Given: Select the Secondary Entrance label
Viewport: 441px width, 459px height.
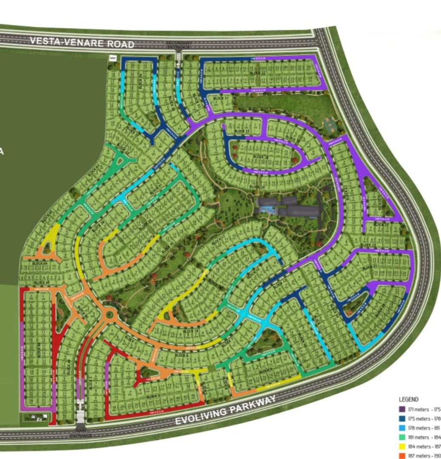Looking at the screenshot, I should [179, 45].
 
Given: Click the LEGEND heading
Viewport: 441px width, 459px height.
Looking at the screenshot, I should [408, 399].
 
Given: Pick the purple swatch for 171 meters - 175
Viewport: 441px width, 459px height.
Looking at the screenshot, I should [401, 409].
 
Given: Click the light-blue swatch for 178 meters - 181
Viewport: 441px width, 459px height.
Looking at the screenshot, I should [401, 428].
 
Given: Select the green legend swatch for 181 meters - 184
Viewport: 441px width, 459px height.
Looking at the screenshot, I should [401, 437].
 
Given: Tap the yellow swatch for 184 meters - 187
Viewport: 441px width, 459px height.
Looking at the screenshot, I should [401, 446].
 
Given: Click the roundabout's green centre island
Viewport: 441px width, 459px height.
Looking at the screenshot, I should [111, 315].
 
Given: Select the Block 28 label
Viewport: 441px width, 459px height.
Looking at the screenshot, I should [261, 157].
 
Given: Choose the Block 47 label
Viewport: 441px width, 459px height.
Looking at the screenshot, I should [42, 283].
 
